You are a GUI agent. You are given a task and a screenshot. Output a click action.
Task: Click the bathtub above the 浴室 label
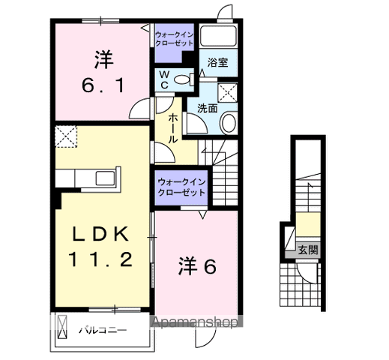point(220,37)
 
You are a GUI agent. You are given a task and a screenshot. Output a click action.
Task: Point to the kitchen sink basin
point(104,178)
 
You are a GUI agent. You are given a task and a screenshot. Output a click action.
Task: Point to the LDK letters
point(101,233)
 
